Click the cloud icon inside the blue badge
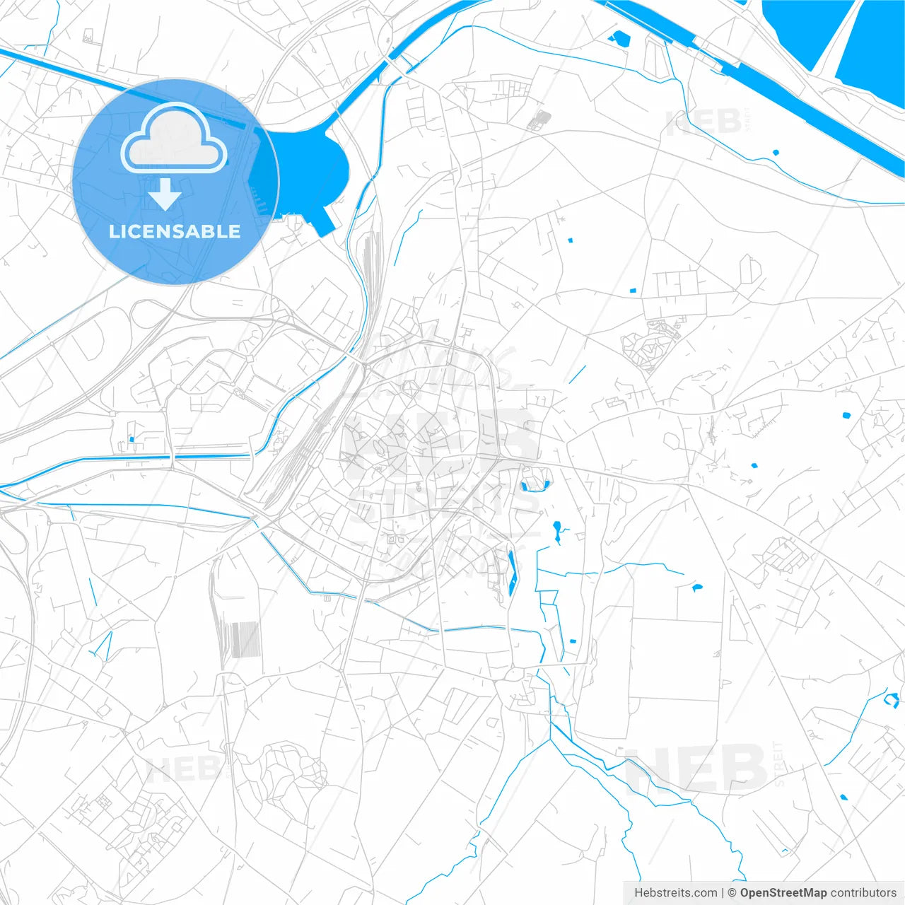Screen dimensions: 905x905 (x=173, y=139)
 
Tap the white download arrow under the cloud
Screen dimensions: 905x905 (x=165, y=194)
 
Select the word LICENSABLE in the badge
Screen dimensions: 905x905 (x=175, y=231)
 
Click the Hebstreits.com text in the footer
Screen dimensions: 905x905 (x=675, y=893)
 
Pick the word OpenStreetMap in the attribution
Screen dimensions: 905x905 (x=783, y=893)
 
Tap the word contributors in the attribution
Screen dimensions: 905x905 (x=863, y=893)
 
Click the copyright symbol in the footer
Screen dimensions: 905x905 (x=732, y=893)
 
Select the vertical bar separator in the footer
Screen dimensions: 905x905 (x=723, y=893)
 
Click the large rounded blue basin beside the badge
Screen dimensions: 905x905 (x=315, y=170)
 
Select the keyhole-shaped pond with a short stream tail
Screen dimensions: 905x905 (x=558, y=530)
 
